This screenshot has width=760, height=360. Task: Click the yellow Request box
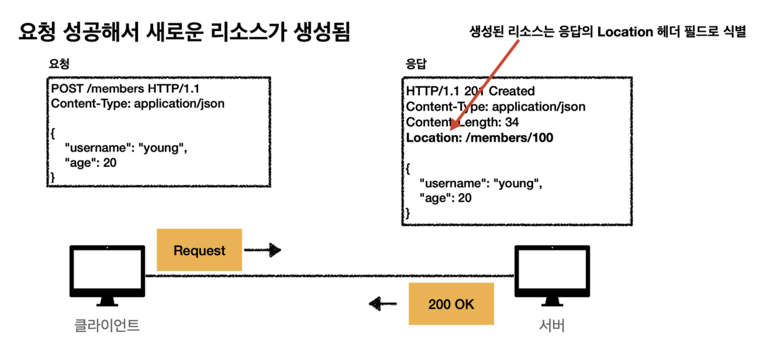(x=199, y=250)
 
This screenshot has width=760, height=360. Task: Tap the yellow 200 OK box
(x=451, y=304)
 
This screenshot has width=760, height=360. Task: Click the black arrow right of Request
(x=263, y=250)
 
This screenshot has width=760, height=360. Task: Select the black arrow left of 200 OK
(x=382, y=303)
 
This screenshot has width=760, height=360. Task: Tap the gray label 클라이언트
(x=107, y=325)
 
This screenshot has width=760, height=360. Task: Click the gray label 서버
(x=552, y=325)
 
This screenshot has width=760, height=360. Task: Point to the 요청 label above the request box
(x=59, y=64)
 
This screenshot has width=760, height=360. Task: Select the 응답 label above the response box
(x=416, y=64)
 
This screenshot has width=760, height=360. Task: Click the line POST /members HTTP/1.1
(x=125, y=88)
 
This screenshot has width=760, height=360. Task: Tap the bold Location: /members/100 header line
(x=479, y=138)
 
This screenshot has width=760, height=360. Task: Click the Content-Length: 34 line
(x=462, y=122)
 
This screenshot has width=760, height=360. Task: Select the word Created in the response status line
(x=512, y=91)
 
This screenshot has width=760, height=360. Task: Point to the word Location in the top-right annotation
(x=625, y=32)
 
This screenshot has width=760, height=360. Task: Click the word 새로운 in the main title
(x=175, y=32)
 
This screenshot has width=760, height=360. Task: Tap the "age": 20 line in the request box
(x=90, y=163)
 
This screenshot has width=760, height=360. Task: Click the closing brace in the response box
(x=408, y=213)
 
